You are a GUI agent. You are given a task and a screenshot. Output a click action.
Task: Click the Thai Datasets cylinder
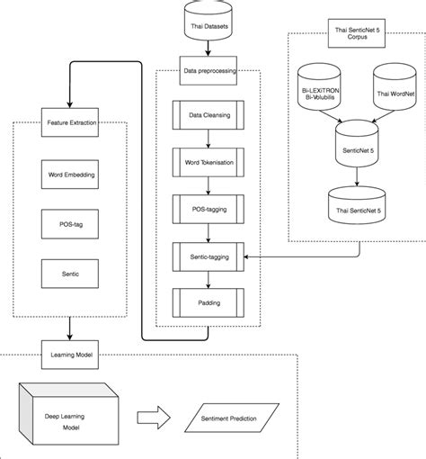click(x=209, y=22)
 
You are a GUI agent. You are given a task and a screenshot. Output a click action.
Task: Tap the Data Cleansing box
click(x=209, y=116)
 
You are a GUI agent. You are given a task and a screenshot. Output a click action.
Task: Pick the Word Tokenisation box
click(x=209, y=163)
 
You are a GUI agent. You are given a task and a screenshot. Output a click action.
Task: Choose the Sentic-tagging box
click(x=209, y=256)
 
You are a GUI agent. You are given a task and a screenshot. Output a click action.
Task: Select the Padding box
click(x=209, y=301)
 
